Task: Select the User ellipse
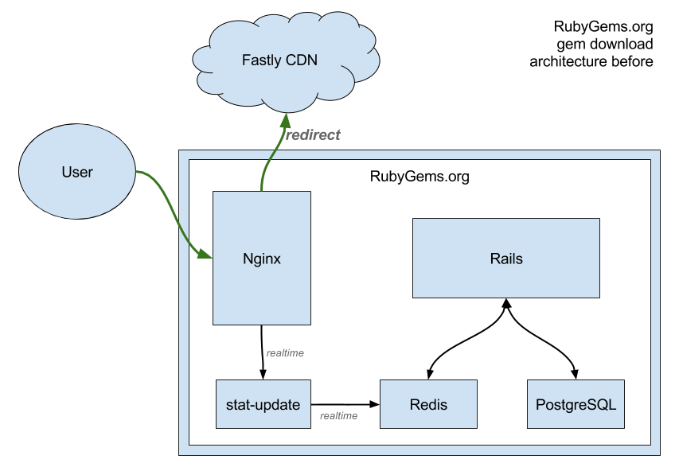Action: click(77, 171)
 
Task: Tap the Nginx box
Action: click(262, 258)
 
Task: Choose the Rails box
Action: click(506, 259)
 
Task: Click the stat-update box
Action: click(263, 404)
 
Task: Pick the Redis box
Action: click(429, 404)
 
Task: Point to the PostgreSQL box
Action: click(576, 404)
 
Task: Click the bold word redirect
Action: click(313, 135)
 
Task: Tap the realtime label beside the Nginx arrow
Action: click(285, 353)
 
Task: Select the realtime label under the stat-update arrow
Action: click(338, 416)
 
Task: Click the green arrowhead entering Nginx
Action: click(205, 254)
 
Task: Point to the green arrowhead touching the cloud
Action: click(285, 120)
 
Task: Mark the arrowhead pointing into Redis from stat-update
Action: click(374, 404)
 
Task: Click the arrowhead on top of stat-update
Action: click(263, 375)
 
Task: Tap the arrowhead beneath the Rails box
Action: click(506, 303)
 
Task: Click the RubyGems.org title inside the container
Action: click(419, 177)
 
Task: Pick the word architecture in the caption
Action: click(568, 61)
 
